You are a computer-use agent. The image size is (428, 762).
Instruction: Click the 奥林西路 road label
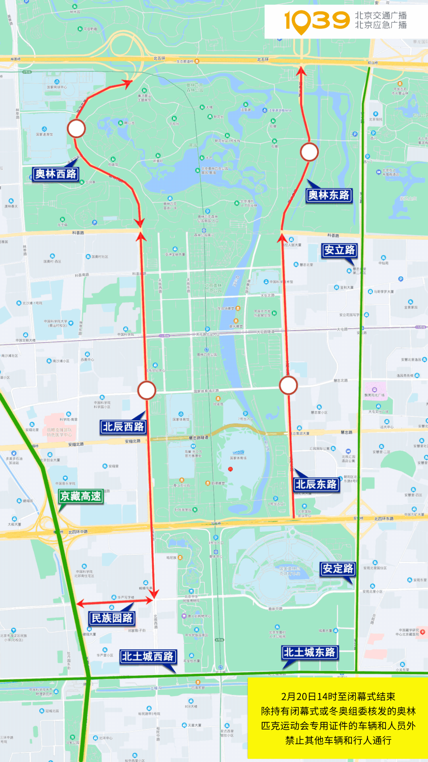(x=55, y=174)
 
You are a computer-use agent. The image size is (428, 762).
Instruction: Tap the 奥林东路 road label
(x=329, y=195)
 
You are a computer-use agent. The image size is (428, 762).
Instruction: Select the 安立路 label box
(x=340, y=250)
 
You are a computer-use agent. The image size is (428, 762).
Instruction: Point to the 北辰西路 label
(x=123, y=427)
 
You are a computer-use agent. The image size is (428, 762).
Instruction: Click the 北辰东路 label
(x=316, y=484)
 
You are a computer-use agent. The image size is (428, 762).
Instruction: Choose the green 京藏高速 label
(x=81, y=496)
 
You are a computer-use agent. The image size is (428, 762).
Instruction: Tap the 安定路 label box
(x=338, y=569)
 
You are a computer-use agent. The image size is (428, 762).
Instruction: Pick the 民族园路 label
(x=112, y=618)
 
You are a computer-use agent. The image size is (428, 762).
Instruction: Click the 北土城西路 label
(x=147, y=656)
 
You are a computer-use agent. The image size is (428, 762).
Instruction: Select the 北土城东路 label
(x=310, y=652)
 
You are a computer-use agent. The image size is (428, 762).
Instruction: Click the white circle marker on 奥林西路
(x=76, y=129)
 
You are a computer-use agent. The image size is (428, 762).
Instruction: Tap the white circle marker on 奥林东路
(x=309, y=152)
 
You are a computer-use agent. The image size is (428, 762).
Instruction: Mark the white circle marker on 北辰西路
(x=147, y=390)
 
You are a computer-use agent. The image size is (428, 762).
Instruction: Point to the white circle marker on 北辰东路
(x=288, y=385)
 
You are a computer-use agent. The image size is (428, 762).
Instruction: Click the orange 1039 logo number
(x=317, y=21)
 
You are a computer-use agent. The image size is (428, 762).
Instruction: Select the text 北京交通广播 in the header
(x=380, y=15)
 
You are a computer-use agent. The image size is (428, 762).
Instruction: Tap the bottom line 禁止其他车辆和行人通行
(x=338, y=740)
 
